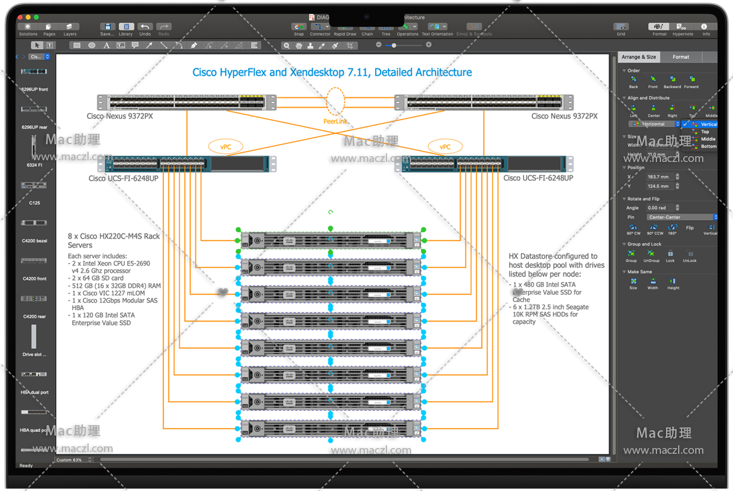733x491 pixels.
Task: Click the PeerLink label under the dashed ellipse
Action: [x=335, y=121]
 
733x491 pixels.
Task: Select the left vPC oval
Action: [x=226, y=147]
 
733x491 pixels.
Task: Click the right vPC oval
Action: [x=445, y=147]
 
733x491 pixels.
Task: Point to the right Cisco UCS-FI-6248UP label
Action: [x=538, y=178]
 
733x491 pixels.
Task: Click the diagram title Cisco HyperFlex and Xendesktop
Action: [x=332, y=73]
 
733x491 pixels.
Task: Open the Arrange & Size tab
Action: [x=639, y=57]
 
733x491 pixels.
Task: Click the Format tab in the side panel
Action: [x=680, y=57]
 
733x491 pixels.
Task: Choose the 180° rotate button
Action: [x=672, y=228]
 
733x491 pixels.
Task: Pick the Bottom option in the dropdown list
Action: [x=708, y=146]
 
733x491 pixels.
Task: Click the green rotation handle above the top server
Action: [x=330, y=212]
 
